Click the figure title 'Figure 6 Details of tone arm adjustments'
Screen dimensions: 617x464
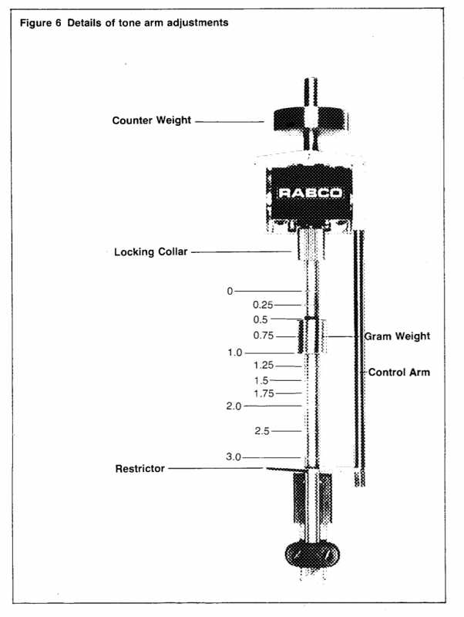[x=123, y=23]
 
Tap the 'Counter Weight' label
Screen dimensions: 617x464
[x=151, y=120]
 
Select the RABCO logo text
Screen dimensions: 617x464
[x=310, y=193]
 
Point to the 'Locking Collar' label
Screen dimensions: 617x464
[x=150, y=251]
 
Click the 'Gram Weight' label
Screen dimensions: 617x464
[x=397, y=336]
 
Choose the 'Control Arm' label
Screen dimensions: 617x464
[x=398, y=373]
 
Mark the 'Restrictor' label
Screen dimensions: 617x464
[x=140, y=468]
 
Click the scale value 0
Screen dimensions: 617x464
[x=229, y=291]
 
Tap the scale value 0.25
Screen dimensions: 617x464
[x=263, y=305]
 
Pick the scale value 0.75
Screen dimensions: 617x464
[x=263, y=335]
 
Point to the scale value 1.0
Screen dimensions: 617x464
[x=234, y=352]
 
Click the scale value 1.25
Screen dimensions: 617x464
[x=263, y=366]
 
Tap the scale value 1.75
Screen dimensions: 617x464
[x=263, y=393]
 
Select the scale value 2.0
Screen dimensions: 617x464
[x=234, y=406]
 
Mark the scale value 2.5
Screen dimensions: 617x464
[x=261, y=431]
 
